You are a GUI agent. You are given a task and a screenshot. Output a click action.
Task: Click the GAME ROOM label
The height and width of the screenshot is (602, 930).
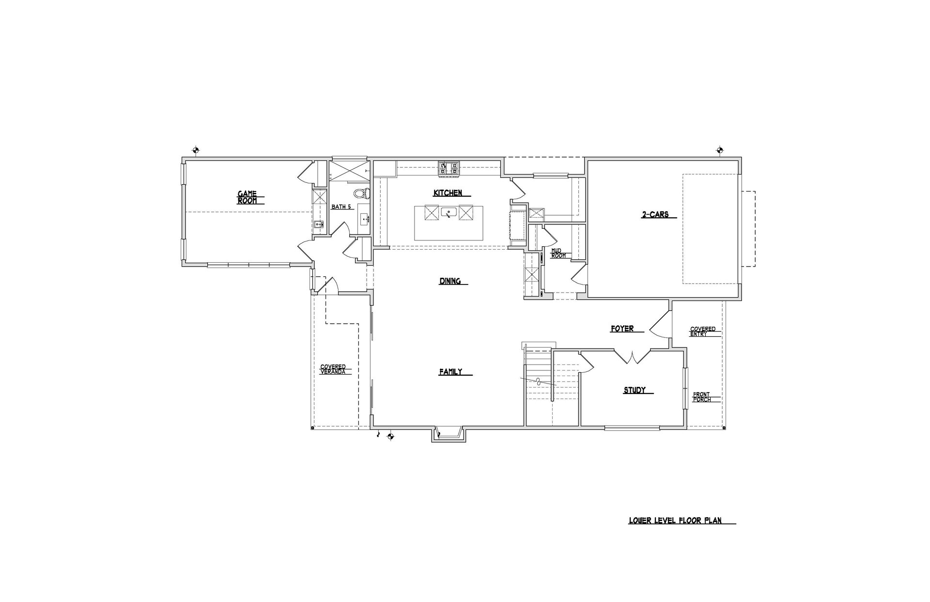point(247,197)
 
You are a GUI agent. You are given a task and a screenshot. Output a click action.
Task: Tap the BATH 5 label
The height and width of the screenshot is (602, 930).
point(341,207)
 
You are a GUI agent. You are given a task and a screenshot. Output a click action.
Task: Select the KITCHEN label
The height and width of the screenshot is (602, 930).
point(448,193)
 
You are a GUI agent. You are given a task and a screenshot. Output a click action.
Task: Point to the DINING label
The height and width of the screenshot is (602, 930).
point(450,281)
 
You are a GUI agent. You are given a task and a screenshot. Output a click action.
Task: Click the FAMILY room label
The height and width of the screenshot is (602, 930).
point(450,372)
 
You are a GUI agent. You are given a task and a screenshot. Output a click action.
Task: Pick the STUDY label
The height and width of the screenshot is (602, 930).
point(635,390)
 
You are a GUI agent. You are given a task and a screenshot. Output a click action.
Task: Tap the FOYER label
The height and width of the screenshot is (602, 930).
point(622,329)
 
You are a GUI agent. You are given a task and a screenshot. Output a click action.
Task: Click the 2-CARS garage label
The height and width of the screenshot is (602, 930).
point(655,214)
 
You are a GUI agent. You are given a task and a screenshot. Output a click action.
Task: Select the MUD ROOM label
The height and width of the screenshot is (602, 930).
point(558,253)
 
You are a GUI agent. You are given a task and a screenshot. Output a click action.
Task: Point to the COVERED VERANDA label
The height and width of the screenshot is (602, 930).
point(333,369)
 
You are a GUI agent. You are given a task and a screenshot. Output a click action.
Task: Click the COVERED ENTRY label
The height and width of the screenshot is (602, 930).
point(703,332)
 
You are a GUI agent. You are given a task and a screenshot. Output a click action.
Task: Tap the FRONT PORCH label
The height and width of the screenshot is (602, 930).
point(701,397)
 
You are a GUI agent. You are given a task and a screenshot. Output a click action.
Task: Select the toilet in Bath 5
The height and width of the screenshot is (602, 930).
point(361,193)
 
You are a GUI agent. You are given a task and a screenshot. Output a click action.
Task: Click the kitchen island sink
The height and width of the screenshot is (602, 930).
point(448,212)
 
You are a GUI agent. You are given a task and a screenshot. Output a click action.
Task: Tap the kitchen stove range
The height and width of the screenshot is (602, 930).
point(449,169)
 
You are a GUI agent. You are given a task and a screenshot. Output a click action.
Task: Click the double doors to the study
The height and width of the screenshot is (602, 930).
point(633,356)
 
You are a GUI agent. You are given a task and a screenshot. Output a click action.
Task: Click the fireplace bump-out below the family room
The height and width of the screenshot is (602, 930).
point(448,434)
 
